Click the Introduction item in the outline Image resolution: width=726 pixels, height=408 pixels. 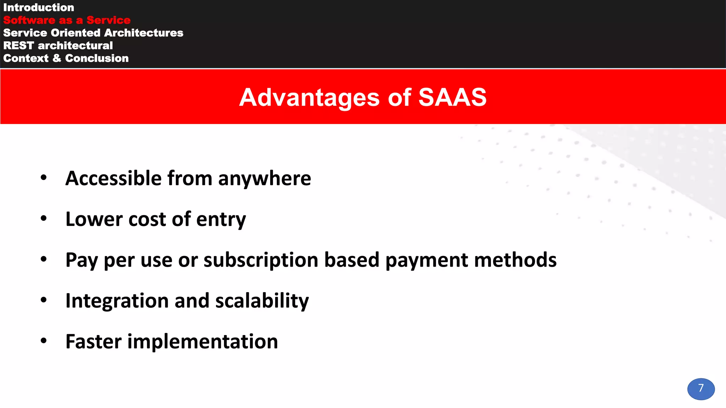[39, 7]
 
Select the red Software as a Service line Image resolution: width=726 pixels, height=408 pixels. [67, 20]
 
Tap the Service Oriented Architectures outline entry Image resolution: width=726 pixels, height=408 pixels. [93, 33]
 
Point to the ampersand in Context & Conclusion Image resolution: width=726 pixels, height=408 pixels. [57, 58]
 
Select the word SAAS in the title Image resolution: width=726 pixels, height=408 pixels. [452, 97]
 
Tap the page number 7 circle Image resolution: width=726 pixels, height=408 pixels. [701, 389]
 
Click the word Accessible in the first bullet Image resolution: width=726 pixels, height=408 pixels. [113, 178]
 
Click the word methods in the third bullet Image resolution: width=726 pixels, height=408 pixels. [515, 260]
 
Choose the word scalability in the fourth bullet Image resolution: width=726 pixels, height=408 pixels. [262, 301]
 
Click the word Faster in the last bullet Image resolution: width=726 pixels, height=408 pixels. [94, 342]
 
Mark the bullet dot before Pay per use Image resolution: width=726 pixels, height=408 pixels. [44, 259]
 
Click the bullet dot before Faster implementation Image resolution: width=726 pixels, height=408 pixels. [44, 341]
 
